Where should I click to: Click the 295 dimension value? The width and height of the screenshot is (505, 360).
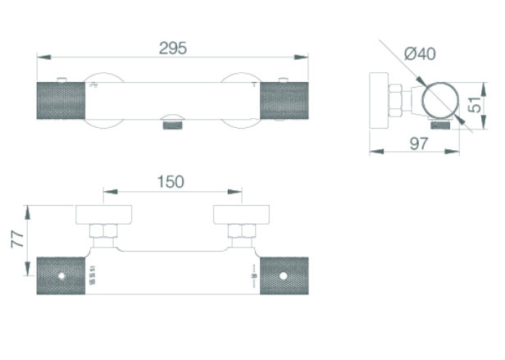172,48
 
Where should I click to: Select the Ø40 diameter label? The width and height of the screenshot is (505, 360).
420,54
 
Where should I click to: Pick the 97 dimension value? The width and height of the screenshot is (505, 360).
420,144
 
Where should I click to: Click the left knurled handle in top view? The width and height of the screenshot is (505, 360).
59,102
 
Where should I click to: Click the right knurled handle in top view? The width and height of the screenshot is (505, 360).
284,102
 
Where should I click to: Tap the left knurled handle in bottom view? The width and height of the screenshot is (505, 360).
60,275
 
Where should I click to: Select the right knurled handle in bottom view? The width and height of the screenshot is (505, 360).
284,275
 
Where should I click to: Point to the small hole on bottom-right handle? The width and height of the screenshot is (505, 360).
281,276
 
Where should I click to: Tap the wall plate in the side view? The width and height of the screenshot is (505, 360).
379,100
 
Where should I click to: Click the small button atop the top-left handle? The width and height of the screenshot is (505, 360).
61,80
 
